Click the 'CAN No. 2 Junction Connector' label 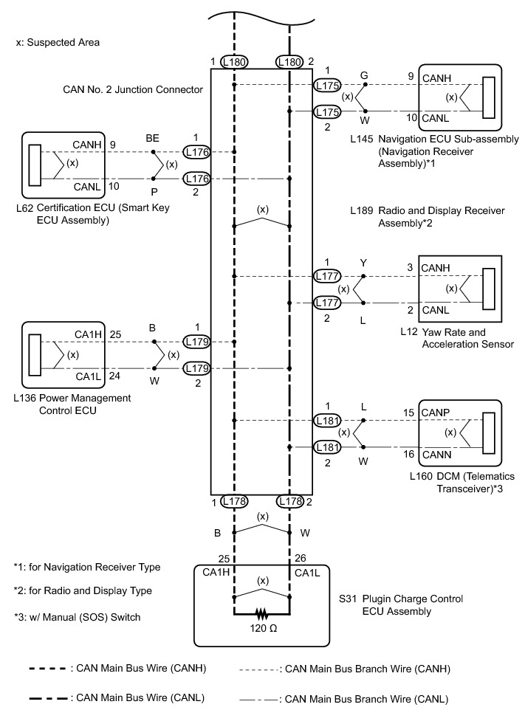coord(132,90)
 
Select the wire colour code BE coord(154,137)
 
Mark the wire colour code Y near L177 coord(363,262)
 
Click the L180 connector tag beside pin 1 coord(233,62)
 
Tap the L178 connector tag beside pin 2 coord(289,502)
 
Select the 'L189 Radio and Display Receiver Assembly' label coord(428,216)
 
